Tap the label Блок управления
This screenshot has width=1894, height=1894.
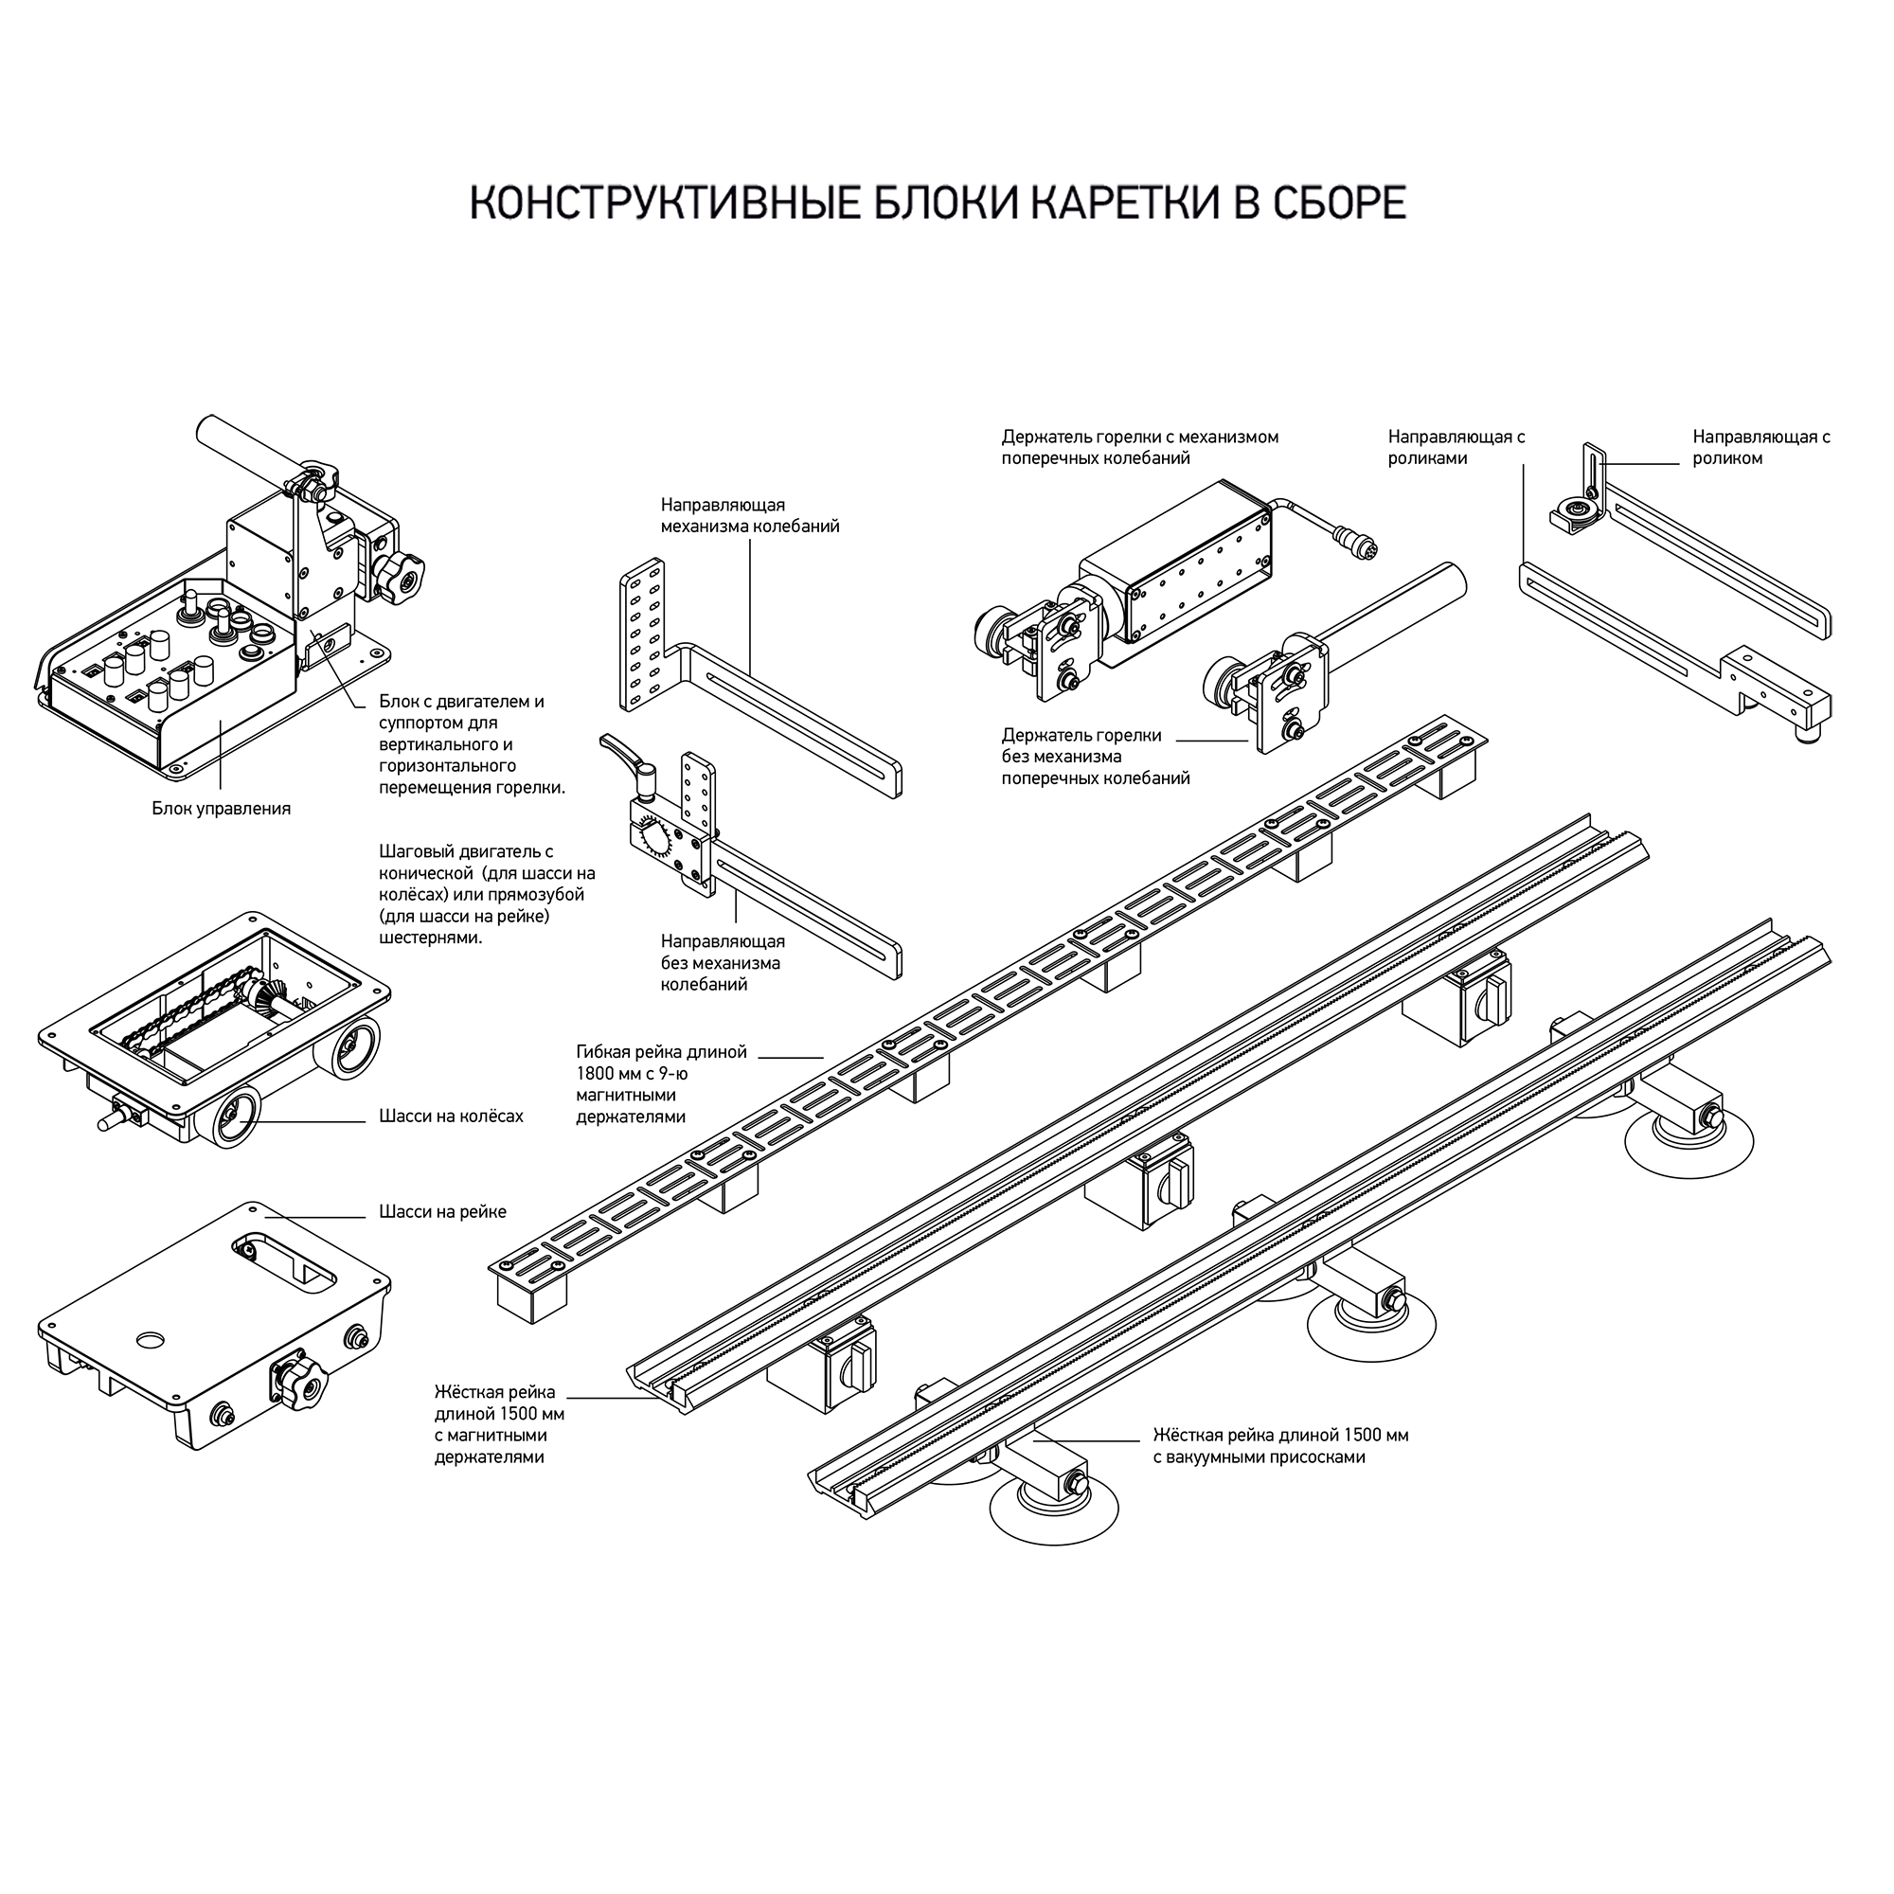tap(222, 809)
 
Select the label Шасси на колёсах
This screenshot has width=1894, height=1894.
tap(451, 1116)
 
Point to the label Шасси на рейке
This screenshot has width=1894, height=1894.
tap(443, 1212)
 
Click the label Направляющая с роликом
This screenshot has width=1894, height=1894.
tap(1761, 447)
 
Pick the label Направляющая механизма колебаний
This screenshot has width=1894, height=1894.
tap(750, 516)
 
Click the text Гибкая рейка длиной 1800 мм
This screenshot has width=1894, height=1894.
tap(662, 1063)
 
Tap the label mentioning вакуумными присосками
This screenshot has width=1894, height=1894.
tap(1280, 1446)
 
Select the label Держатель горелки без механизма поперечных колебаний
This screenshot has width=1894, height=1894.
tap(1096, 757)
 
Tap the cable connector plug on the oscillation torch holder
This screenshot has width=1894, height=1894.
tap(1353, 536)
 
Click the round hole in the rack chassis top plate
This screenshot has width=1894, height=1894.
tap(152, 1338)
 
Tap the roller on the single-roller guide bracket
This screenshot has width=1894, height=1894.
tap(1575, 510)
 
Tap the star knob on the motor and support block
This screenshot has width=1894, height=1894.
tap(401, 581)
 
